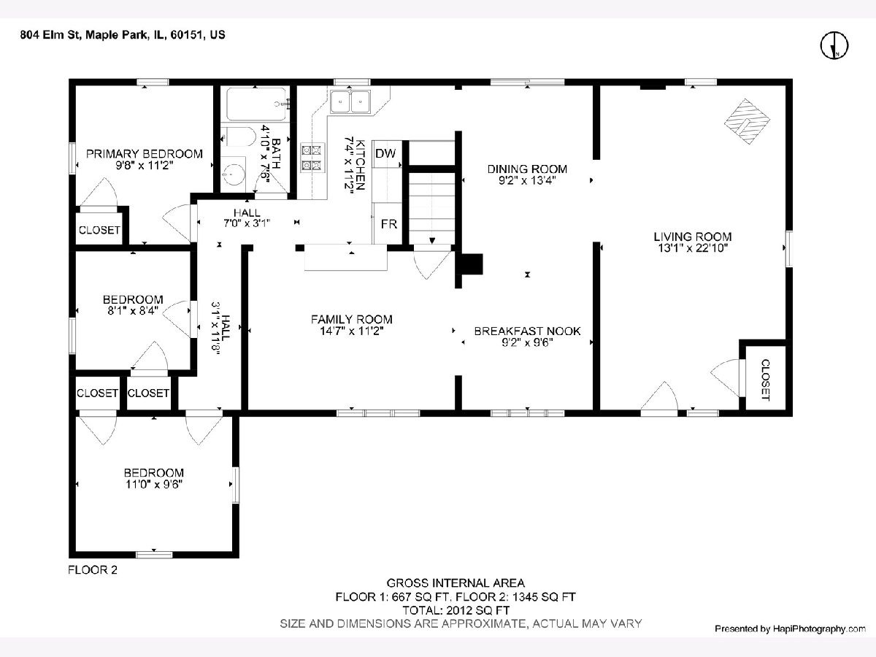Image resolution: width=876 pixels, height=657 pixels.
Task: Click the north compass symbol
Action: point(834,45)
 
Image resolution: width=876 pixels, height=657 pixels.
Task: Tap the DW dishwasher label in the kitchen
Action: point(385,153)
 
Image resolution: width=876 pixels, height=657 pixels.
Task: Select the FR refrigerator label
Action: point(388,224)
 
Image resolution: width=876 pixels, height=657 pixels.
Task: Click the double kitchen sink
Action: point(350,101)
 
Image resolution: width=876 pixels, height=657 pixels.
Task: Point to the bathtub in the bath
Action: point(256,104)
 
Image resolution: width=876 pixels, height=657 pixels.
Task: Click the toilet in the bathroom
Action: point(238,137)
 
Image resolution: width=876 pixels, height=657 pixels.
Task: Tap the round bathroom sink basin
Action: point(234,174)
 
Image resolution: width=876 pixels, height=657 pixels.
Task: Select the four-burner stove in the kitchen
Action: point(311,158)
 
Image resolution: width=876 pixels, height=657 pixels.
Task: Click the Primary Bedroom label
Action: point(145,153)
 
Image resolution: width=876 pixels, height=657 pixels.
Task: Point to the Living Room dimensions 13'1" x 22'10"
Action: point(693,248)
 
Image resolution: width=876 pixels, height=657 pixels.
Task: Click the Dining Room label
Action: point(527,169)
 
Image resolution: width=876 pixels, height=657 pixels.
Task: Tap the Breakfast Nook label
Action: point(527,331)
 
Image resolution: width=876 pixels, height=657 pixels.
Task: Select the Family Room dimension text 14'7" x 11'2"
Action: point(352,331)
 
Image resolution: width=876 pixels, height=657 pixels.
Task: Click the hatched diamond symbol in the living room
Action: point(747,121)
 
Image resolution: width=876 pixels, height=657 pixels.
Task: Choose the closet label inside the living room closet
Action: point(766,380)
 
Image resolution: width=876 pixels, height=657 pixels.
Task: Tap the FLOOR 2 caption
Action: point(93,570)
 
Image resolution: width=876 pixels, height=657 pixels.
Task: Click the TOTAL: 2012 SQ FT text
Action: point(456,610)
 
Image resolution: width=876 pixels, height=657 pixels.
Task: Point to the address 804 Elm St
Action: point(51,35)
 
